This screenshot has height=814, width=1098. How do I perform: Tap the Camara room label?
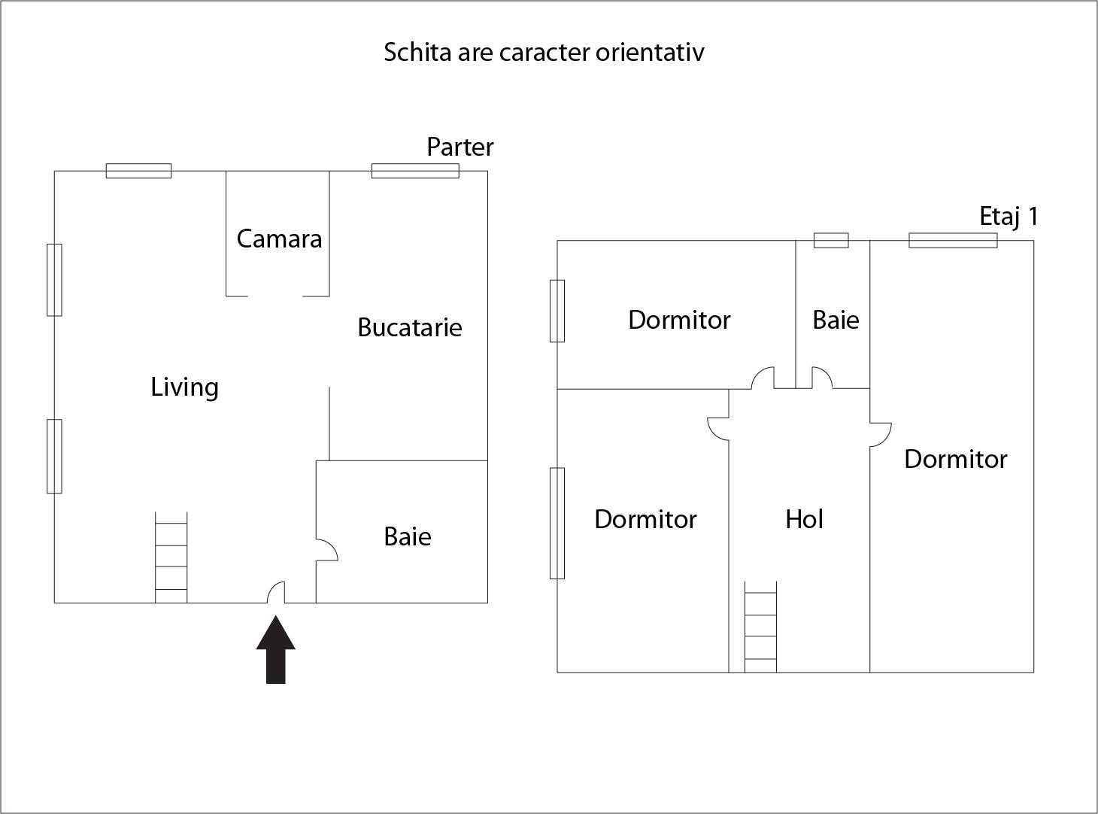279,239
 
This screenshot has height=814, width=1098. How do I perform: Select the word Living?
184,387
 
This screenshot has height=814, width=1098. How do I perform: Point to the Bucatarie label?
409,327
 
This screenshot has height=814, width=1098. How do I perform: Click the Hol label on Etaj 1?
804,519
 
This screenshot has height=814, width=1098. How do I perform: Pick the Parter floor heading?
460,147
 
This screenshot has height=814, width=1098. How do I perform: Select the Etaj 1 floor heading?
1009,217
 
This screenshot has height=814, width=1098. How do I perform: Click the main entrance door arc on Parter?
277,593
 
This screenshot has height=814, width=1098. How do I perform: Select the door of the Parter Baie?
326,550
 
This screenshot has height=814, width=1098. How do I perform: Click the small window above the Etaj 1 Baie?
831,241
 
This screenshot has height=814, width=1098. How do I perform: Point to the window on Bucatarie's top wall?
415,171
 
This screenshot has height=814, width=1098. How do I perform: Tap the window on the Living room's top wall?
138,171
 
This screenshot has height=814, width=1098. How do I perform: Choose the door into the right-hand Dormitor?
880,435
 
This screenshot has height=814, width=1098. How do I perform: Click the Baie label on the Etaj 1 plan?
836,320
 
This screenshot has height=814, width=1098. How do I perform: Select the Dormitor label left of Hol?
645,520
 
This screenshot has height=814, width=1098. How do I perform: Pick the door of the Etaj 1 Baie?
821,377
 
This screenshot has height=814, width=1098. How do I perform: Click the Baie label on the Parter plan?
407,537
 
